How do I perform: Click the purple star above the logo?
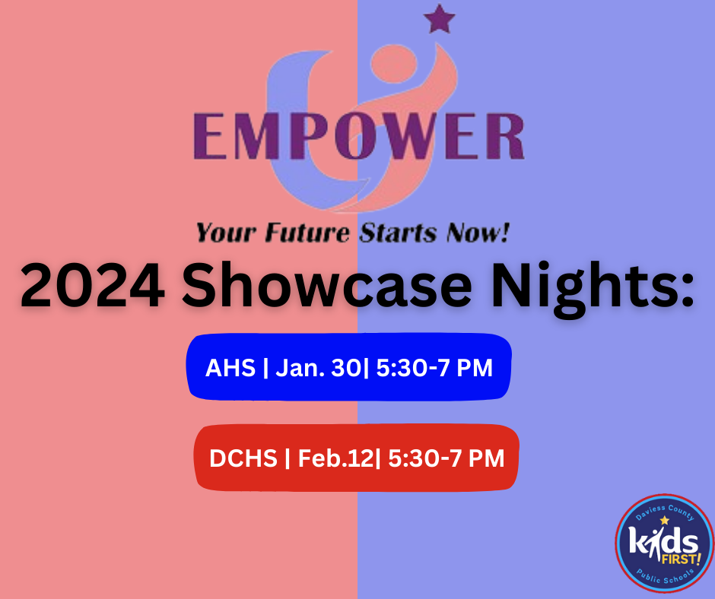point(439,19)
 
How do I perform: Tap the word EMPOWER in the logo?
point(359,136)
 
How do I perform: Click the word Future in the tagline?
point(307,233)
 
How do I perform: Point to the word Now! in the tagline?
point(478,233)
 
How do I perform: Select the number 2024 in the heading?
point(93,287)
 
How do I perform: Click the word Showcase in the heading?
point(327,286)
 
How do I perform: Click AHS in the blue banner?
point(230,367)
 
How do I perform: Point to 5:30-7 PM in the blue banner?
point(434,368)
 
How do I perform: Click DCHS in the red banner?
point(243,458)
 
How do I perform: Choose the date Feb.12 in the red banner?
point(335,458)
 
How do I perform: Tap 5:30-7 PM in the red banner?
point(446,458)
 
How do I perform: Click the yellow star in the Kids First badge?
point(664,520)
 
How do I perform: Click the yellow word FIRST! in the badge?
point(681,559)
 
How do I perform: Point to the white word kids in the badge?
point(663,541)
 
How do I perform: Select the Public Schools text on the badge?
point(666,576)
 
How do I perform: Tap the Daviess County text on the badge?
point(665,512)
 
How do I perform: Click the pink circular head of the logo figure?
point(393,64)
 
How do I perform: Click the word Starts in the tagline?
point(398,233)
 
